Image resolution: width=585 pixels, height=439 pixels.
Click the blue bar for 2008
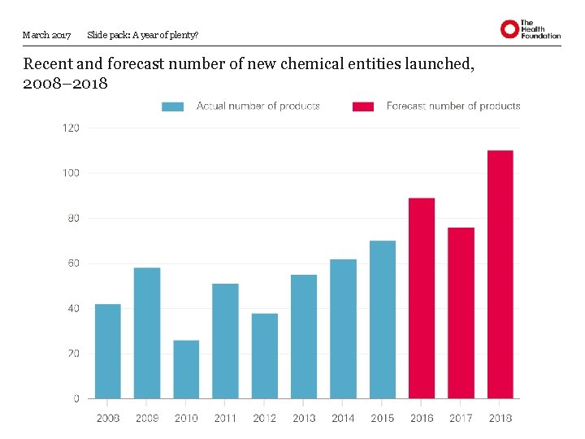(108, 351)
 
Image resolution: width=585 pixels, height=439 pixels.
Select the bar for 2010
(186, 369)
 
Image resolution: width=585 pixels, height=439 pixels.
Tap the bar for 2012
(265, 356)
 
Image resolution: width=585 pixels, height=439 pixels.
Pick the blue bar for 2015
(383, 319)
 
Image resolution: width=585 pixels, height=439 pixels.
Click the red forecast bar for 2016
(422, 298)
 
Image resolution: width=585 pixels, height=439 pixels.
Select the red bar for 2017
(461, 313)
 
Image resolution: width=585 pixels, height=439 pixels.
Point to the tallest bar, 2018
(500, 275)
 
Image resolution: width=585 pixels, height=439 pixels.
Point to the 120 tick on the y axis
(71, 128)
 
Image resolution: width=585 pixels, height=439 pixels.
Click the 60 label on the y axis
(73, 263)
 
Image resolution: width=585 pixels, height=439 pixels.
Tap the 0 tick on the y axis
(76, 398)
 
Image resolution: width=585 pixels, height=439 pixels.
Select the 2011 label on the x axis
(225, 418)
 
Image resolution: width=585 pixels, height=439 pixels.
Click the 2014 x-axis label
(343, 418)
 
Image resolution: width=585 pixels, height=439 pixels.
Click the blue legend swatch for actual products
(173, 106)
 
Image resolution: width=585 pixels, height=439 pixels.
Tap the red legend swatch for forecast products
(363, 106)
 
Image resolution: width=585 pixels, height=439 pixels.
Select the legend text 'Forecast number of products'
(453, 106)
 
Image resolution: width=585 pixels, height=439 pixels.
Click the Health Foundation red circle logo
(509, 30)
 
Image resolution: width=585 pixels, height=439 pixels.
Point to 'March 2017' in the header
(47, 35)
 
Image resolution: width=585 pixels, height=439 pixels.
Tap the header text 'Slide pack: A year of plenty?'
(142, 35)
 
